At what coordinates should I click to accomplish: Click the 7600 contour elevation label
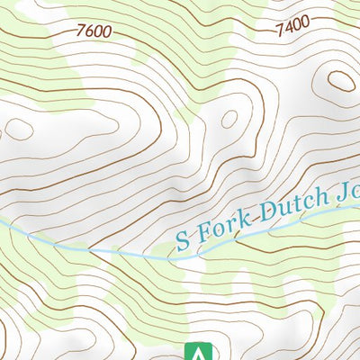click(95, 31)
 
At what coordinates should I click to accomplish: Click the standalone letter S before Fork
click(183, 240)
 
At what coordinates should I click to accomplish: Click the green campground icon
click(195, 351)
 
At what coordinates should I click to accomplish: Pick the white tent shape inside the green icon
click(195, 353)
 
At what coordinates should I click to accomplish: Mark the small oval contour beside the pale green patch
click(229, 119)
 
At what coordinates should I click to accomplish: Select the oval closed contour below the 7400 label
click(341, 80)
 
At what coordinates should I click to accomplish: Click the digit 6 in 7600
click(91, 31)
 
